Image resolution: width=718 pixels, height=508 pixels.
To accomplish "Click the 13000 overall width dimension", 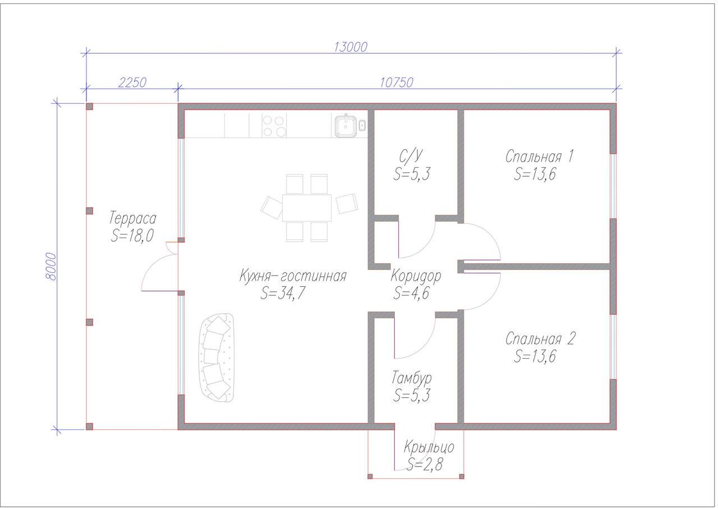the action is (351, 47).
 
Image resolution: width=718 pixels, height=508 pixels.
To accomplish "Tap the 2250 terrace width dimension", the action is (132, 83).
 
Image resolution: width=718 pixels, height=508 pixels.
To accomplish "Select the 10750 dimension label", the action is (397, 83).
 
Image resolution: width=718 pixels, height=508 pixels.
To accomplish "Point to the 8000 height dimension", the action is (51, 267).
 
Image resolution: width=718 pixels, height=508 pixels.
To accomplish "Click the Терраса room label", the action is (133, 218).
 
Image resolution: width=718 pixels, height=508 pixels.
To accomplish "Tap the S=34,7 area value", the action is (283, 293).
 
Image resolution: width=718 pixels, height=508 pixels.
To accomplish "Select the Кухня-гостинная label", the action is (293, 276).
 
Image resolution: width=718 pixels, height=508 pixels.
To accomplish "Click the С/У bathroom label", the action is (411, 156).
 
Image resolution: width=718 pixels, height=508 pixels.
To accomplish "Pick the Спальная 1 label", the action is (540, 157).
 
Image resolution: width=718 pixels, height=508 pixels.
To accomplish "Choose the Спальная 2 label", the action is (540, 338).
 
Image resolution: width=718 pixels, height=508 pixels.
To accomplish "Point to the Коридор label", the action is (416, 276).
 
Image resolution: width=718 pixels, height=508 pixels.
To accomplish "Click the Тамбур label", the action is (412, 378).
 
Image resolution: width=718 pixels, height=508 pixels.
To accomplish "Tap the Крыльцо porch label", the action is (429, 447).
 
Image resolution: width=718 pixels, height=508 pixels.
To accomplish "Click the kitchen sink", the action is (346, 126).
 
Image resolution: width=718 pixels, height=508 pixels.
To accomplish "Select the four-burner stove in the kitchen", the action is (274, 126).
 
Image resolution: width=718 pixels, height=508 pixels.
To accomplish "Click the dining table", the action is (307, 208).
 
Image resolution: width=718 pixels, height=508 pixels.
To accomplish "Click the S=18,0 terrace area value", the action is (132, 235).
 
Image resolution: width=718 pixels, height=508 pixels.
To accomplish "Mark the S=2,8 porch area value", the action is (425, 464).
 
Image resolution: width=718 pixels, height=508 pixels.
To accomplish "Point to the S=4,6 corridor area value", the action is (411, 293).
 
